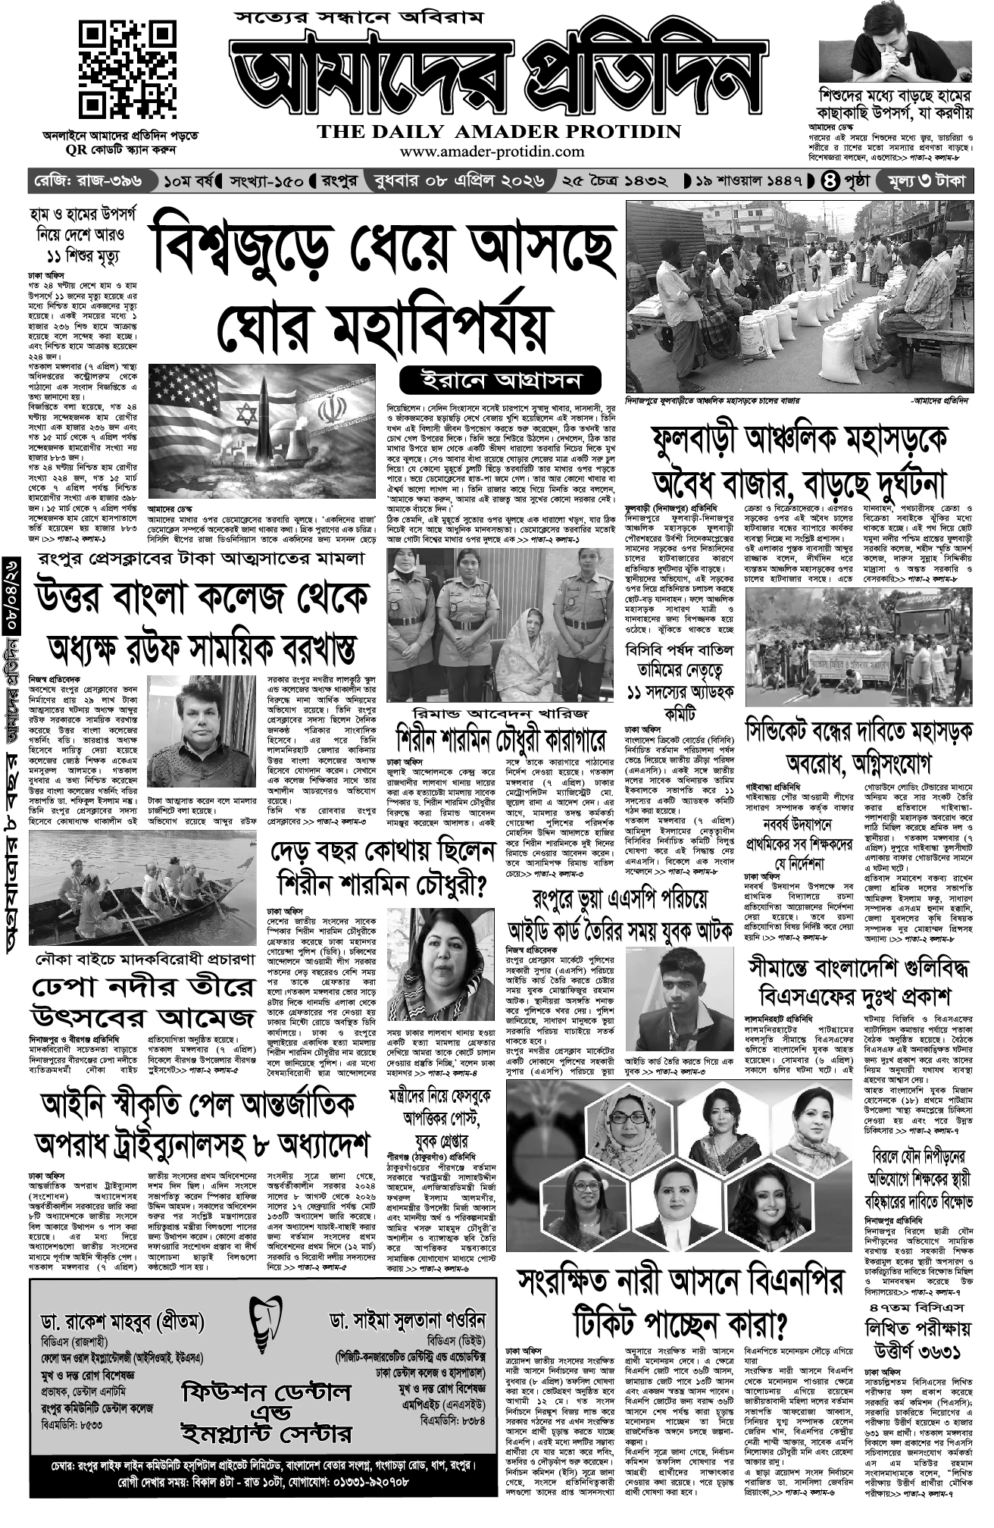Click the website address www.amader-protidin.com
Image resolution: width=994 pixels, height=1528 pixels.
pyautogui.click(x=492, y=152)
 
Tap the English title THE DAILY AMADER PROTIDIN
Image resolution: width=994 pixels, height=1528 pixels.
pyautogui.click(x=499, y=131)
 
